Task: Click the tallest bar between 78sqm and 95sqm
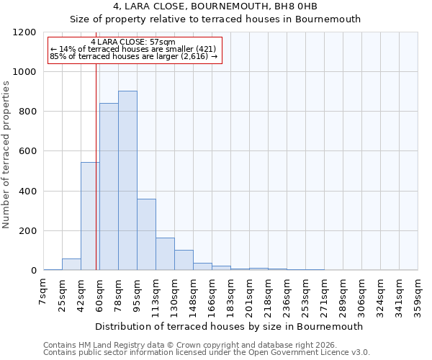pyautogui.click(x=127, y=181)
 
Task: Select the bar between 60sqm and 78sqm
pyautogui.click(x=109, y=186)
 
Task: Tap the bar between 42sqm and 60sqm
pyautogui.click(x=90, y=216)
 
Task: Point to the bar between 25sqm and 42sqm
pyautogui.click(x=71, y=264)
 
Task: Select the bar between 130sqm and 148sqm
pyautogui.click(x=184, y=260)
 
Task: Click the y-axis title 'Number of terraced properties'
pyautogui.click(x=6, y=155)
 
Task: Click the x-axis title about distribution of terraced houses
pyautogui.click(x=229, y=326)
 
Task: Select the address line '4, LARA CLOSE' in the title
pyautogui.click(x=215, y=6)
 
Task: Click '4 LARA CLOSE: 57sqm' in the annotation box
pyautogui.click(x=133, y=42)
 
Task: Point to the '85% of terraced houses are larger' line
pyautogui.click(x=133, y=57)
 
